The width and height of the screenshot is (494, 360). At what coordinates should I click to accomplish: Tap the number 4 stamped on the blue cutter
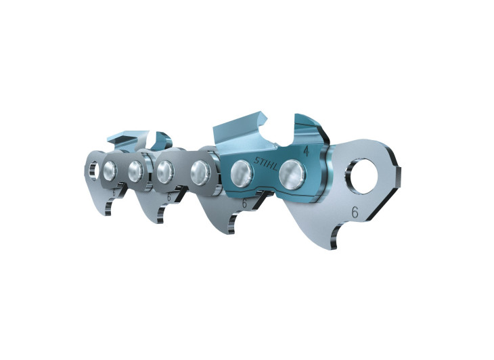coord(305,152)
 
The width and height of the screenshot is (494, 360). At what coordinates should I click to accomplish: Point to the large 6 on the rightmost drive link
coord(355,212)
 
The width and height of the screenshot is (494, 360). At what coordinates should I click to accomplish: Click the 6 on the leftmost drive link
coord(114,192)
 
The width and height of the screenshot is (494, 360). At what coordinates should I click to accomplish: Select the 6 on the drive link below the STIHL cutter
coord(244,204)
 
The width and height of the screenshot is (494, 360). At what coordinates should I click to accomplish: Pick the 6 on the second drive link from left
coord(169,198)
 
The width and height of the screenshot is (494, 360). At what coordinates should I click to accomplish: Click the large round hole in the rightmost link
coord(364,177)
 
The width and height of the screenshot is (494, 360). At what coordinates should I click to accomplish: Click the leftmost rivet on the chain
coord(110,171)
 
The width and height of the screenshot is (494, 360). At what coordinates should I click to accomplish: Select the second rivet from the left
coord(135,172)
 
